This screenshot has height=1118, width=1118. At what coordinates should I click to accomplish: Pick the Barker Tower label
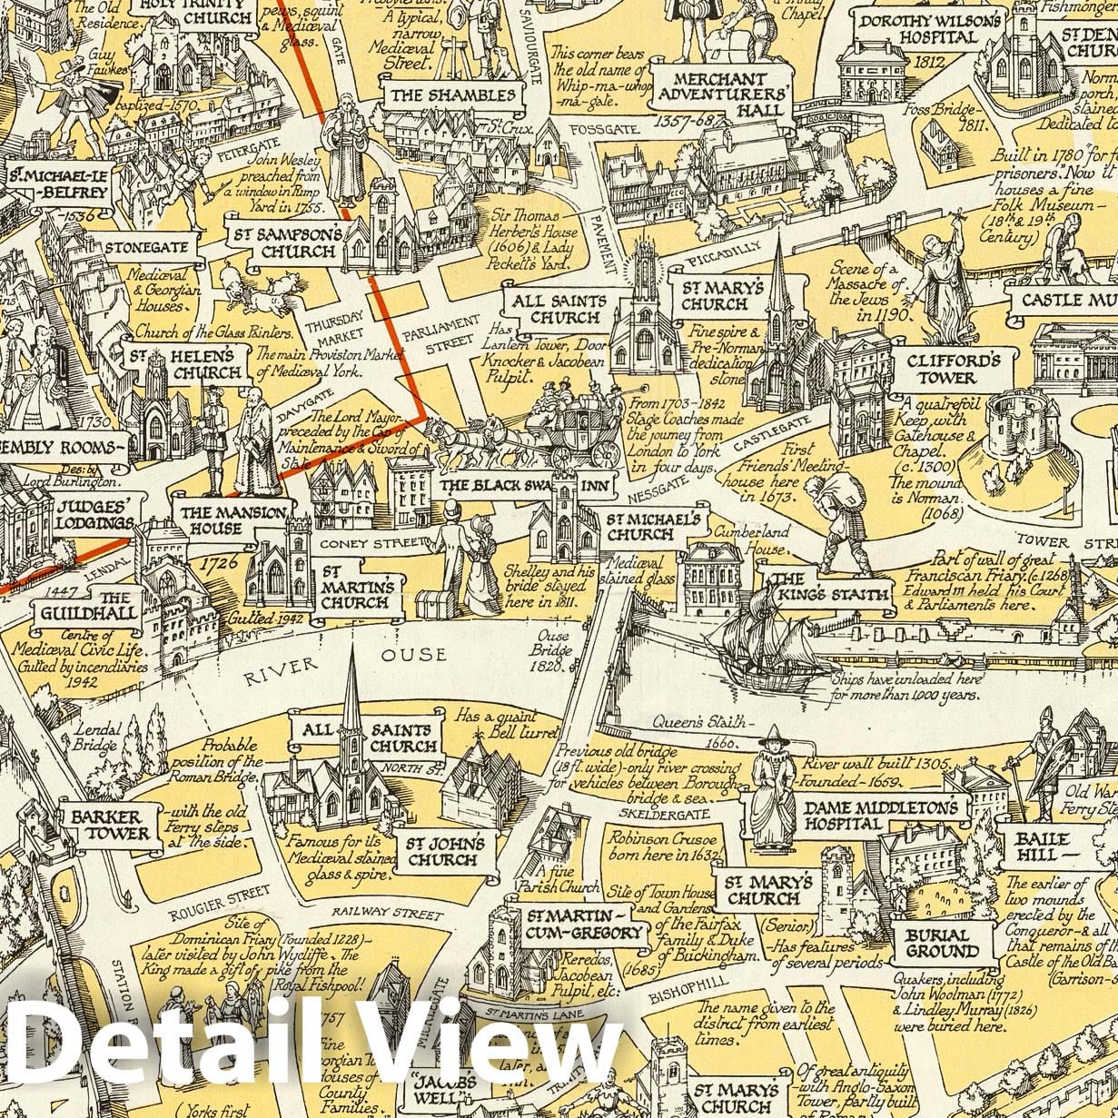111,825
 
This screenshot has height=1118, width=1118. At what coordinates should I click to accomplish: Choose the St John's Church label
444,851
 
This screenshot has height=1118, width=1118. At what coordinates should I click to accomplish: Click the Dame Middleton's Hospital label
880,816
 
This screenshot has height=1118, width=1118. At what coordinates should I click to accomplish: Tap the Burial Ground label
942,943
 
